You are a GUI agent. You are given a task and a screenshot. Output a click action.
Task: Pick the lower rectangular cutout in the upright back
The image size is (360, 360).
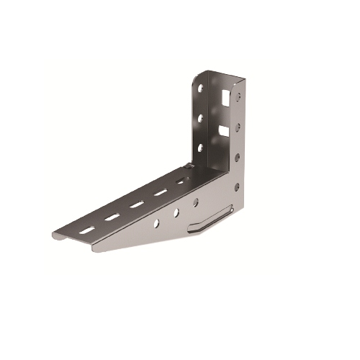tap(225, 131)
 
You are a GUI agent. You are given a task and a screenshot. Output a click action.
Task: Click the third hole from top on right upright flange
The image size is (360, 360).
tap(238, 155)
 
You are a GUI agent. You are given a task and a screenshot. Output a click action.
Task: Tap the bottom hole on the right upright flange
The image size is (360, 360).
tap(237, 186)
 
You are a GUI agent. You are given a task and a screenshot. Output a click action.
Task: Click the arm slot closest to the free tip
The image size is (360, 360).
tap(87, 230)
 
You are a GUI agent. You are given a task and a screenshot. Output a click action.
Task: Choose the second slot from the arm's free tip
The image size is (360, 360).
tap(112, 217)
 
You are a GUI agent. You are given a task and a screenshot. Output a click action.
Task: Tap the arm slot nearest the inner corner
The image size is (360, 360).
tap(181, 181)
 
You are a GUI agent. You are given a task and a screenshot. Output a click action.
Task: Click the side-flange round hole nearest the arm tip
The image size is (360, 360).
tap(156, 223)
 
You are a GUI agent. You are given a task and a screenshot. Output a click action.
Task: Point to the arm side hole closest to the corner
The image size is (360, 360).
tap(195, 202)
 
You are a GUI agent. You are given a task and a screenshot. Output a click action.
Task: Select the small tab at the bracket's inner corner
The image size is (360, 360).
tap(189, 168)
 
